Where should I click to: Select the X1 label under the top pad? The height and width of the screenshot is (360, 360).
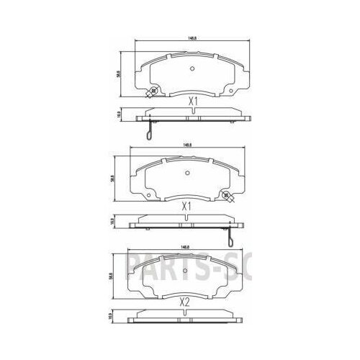192,102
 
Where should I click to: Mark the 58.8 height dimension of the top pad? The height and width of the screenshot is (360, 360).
119,71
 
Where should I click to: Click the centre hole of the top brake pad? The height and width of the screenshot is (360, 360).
192,69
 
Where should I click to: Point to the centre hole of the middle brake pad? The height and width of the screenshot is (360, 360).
186,172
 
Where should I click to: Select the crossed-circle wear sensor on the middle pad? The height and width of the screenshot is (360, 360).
226,195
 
